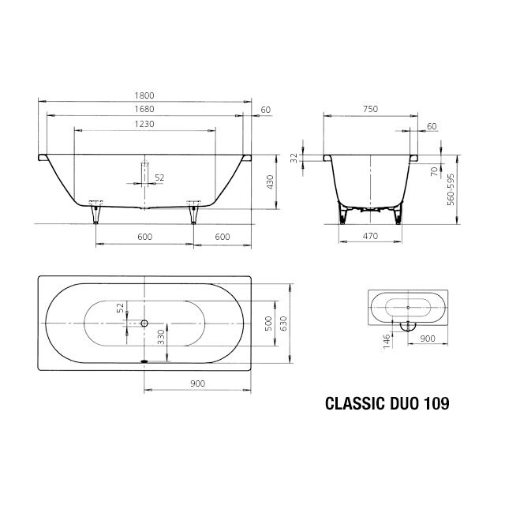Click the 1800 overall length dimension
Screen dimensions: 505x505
[144, 95]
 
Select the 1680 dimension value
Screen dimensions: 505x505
[144, 109]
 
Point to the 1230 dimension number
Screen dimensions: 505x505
[144, 124]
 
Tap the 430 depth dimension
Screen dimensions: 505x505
[269, 182]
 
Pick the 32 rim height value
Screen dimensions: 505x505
[294, 158]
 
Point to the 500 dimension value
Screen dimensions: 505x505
[267, 323]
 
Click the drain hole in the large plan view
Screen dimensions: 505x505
[144, 323]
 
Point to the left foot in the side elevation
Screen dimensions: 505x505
[96, 211]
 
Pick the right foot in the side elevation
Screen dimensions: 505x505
[193, 211]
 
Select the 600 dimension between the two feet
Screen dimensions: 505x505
[144, 236]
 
